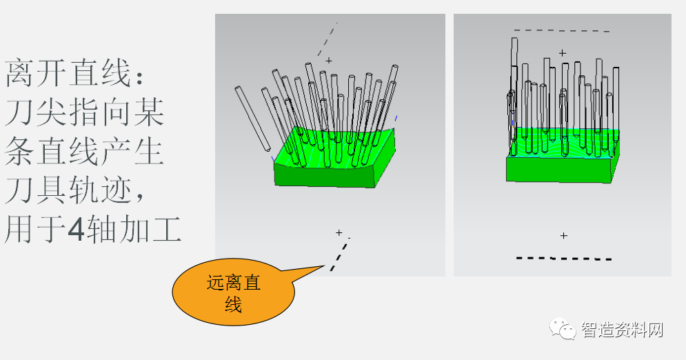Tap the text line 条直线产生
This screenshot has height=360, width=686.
point(85,152)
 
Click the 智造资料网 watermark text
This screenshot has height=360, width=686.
point(622,330)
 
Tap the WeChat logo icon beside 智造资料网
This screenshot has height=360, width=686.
point(563,330)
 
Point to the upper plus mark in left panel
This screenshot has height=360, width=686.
point(329,61)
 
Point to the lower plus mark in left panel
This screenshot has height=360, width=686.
point(339,233)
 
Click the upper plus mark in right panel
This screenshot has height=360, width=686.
point(563,52)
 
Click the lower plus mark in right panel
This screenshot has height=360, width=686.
point(563,236)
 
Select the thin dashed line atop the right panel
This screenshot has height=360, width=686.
point(562,30)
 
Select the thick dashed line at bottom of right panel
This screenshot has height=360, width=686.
point(564,259)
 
